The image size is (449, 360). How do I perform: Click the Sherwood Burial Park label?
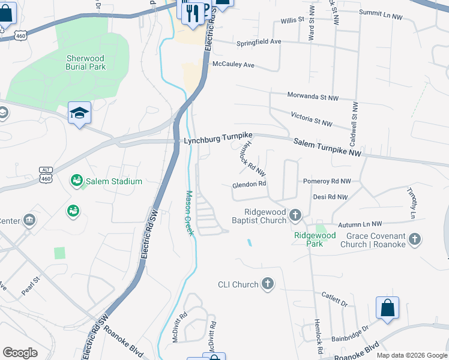pyautogui.click(x=86, y=62)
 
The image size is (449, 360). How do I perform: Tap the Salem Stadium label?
pyautogui.click(x=113, y=181)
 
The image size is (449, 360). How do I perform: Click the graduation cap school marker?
pyautogui.click(x=79, y=114)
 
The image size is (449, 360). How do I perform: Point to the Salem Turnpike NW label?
pyautogui.click(x=327, y=148)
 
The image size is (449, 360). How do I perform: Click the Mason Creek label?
pyautogui.click(x=189, y=213)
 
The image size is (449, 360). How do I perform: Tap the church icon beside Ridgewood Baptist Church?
pyautogui.click(x=295, y=215)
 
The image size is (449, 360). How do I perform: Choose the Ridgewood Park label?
pyautogui.click(x=315, y=236)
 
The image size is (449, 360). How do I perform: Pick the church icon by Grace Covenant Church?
pyautogui.click(x=414, y=240)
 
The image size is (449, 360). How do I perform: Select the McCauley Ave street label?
pyautogui.click(x=233, y=64)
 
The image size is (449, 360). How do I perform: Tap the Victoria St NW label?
pyautogui.click(x=311, y=118)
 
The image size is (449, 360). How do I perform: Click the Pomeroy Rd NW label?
pyautogui.click(x=326, y=181)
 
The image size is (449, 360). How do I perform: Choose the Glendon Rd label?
pyautogui.click(x=249, y=184)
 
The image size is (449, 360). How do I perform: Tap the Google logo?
pyautogui.click(x=20, y=353)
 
